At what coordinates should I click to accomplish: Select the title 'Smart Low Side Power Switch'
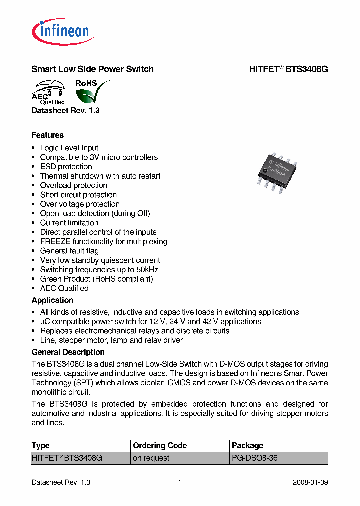pos(92,69)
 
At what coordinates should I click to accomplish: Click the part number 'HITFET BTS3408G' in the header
pos(288,69)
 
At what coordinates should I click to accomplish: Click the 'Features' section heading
pos(47,135)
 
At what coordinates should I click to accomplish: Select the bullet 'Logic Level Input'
pos(69,148)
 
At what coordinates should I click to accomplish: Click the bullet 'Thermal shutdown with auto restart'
pos(100,176)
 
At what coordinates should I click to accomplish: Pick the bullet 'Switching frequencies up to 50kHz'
pos(99,270)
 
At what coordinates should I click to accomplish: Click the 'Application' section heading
pos(52,300)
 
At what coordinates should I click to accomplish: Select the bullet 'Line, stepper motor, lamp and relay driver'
pos(111,340)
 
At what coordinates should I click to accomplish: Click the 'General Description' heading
pos(68,352)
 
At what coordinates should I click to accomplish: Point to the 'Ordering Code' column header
pos(160,445)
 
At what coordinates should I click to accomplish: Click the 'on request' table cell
pos(151,458)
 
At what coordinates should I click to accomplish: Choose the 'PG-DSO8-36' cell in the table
pos(254,458)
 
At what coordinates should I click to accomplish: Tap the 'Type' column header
pos(40,445)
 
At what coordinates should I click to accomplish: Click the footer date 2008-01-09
pos(310,483)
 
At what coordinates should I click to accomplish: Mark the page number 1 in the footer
pos(179,483)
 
